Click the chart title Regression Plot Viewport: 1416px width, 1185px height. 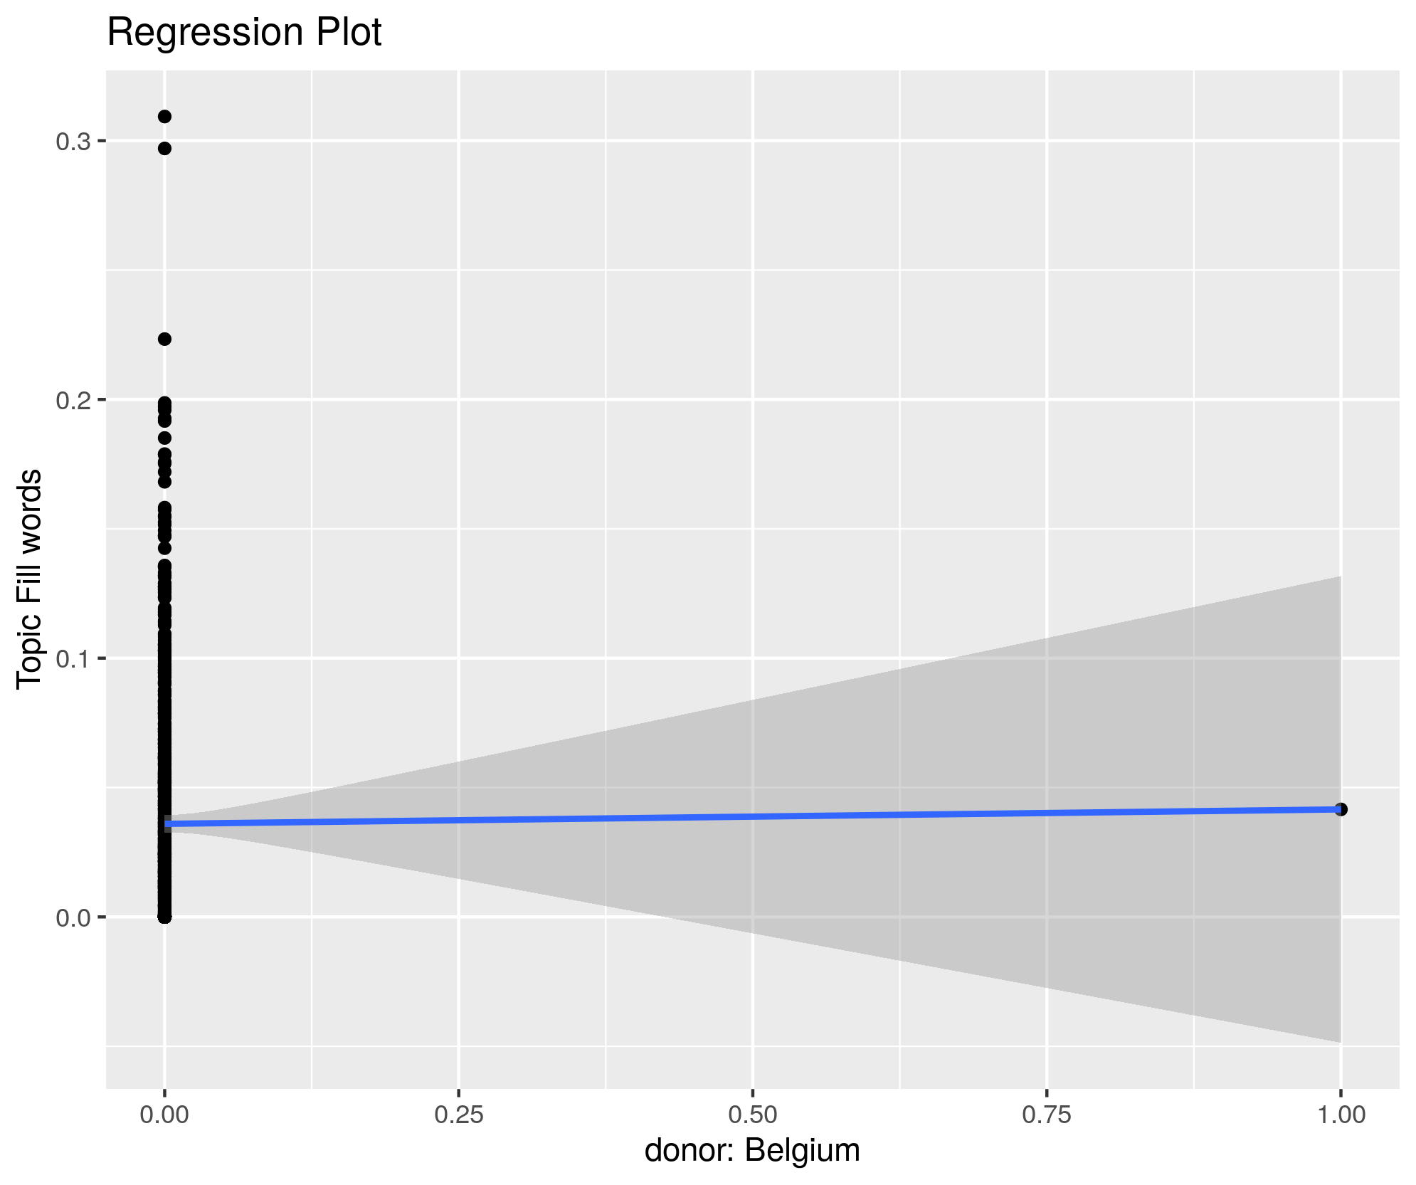244,33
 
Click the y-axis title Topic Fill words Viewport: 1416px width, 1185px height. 30,579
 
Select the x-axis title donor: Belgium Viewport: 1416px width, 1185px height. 752,1150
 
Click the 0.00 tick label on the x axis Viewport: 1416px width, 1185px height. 165,1115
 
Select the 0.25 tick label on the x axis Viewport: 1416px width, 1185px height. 459,1115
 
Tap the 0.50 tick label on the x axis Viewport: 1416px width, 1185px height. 753,1115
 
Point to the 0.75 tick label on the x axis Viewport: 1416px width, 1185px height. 1047,1115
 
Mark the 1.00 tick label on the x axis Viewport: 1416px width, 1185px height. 1341,1115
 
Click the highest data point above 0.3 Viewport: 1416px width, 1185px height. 164,117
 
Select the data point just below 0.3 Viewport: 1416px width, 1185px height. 164,148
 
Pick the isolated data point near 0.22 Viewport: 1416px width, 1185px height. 164,339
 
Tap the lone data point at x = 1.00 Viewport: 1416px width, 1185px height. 1341,809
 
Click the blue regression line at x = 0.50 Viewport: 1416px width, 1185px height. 753,816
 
